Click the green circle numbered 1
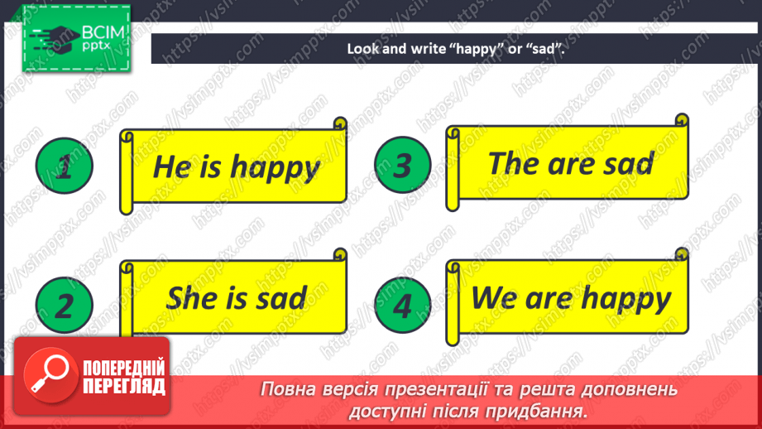click(65, 166)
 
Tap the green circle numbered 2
click(65, 305)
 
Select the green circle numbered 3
click(403, 165)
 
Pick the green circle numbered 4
click(403, 305)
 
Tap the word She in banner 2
click(190, 297)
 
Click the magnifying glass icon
click(50, 374)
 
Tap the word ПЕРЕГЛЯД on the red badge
click(124, 387)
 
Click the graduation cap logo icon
click(54, 38)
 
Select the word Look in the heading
click(362, 49)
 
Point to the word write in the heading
click(428, 49)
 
